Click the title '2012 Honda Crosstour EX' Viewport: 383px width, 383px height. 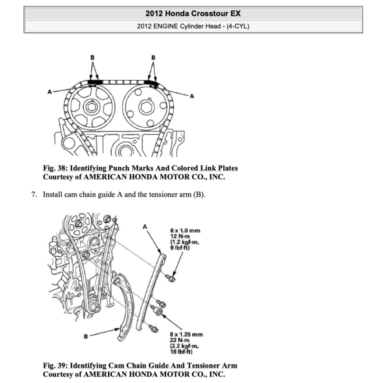(x=193, y=13)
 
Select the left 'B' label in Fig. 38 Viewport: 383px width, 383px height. (x=93, y=57)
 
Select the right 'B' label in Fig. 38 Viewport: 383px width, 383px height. (x=153, y=57)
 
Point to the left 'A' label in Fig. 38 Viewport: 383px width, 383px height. (x=50, y=92)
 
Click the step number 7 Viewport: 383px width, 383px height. (x=34, y=194)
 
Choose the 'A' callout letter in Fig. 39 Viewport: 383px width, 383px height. (x=145, y=227)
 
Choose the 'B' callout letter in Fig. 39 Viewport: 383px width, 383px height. (x=86, y=336)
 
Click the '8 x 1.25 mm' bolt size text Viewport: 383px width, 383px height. (x=186, y=334)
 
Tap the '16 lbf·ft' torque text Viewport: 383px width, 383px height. (x=181, y=352)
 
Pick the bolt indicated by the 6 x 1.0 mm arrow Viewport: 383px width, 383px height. (x=171, y=278)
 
